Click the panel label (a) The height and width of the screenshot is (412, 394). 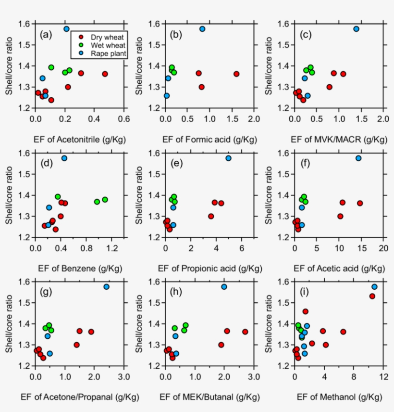46,34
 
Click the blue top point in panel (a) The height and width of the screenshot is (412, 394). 67,29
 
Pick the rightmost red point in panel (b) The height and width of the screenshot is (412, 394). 236,74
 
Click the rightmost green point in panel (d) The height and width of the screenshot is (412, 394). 105,200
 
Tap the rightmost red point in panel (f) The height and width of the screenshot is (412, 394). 360,203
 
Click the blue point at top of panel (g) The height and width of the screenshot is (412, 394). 107,287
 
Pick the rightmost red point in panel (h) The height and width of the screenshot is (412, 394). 245,332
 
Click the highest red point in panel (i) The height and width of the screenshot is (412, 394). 372,296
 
